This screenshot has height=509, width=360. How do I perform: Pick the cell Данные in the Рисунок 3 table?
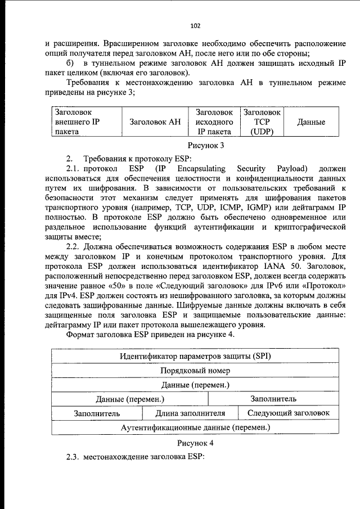pos(311,122)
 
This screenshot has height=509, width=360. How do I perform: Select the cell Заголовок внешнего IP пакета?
pos(78,122)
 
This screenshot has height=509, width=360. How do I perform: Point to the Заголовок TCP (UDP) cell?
pos(261,122)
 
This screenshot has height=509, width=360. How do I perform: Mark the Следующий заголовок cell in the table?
pos(289,413)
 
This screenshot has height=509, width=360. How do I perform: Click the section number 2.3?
pos(73,457)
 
